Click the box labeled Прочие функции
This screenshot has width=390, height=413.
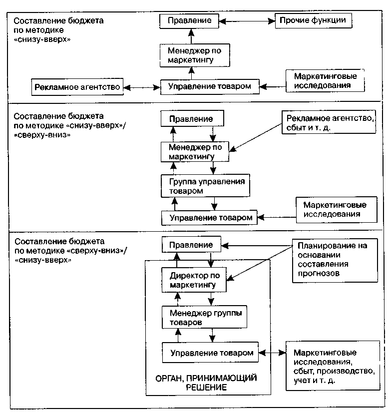pos(314,20)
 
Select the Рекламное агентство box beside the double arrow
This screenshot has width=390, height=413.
pos(77,87)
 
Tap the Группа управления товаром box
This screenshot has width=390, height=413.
pos(205,186)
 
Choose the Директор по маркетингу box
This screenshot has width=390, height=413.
pos(194,280)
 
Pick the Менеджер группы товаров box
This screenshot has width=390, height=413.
pos(204,317)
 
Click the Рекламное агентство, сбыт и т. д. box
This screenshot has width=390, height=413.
pos(329,122)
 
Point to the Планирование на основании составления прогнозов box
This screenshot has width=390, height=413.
pos(335,261)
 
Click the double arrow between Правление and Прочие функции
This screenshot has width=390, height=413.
pos(247,21)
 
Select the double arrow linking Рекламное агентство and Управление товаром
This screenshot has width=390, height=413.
pos(142,87)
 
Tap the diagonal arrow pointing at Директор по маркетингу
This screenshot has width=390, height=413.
pos(260,263)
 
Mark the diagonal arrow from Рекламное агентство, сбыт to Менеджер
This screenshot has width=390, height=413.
pos(256,137)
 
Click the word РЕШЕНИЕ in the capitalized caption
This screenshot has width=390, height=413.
pos(206,388)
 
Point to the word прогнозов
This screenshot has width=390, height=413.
pos(319,273)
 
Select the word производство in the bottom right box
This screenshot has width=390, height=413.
pos(346,371)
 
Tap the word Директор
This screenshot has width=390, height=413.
pos(186,276)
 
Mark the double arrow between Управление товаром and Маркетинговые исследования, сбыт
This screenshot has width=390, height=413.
pos(272,353)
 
